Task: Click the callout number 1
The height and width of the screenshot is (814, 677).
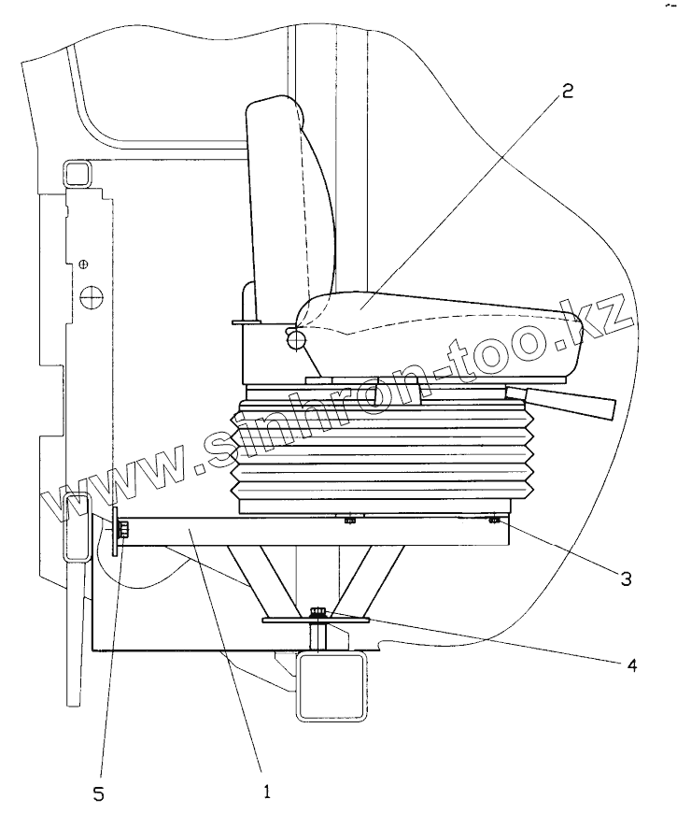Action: [266, 792]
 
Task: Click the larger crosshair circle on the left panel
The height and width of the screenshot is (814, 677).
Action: [91, 298]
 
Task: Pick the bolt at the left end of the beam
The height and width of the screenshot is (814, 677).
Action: [123, 534]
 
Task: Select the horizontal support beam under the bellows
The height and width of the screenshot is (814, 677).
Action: [308, 534]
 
